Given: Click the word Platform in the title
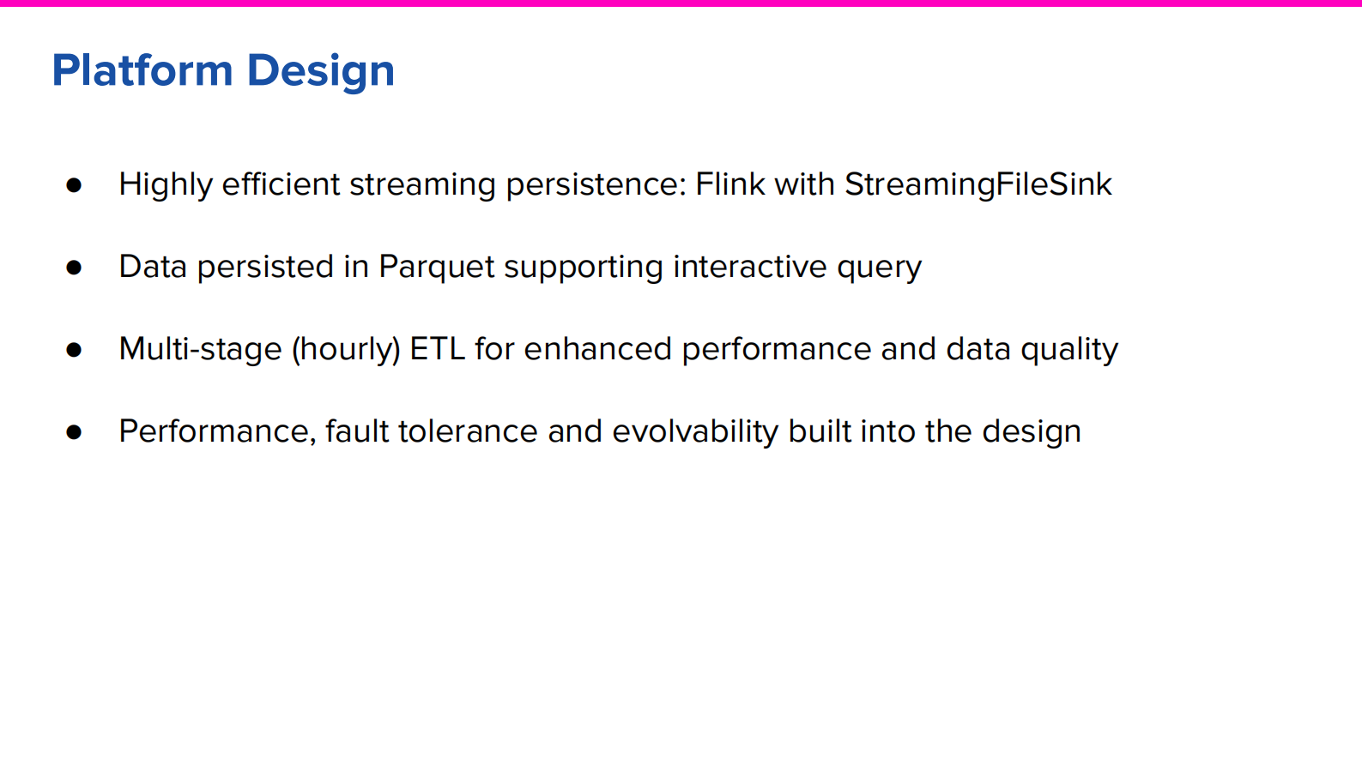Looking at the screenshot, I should pyautogui.click(x=142, y=70).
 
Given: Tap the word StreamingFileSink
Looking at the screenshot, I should pyautogui.click(x=978, y=184).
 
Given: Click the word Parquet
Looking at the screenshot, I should pyautogui.click(x=437, y=268).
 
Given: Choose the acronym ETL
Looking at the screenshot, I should pyautogui.click(x=437, y=349).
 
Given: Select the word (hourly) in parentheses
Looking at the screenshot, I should pyautogui.click(x=346, y=350).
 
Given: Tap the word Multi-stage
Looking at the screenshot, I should pyautogui.click(x=200, y=349).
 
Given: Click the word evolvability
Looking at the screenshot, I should pyautogui.click(x=694, y=431).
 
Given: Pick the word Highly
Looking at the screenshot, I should pyautogui.click(x=165, y=185).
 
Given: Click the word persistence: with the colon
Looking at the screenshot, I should pyautogui.click(x=596, y=185).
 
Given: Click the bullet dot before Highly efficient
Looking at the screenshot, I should pyautogui.click(x=74, y=185).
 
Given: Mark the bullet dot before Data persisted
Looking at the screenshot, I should pyautogui.click(x=74, y=268).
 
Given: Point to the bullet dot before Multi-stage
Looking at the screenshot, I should pyautogui.click(x=74, y=350).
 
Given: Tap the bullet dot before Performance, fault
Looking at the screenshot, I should pyautogui.click(x=74, y=432).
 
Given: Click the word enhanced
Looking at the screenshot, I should pyautogui.click(x=597, y=349).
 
